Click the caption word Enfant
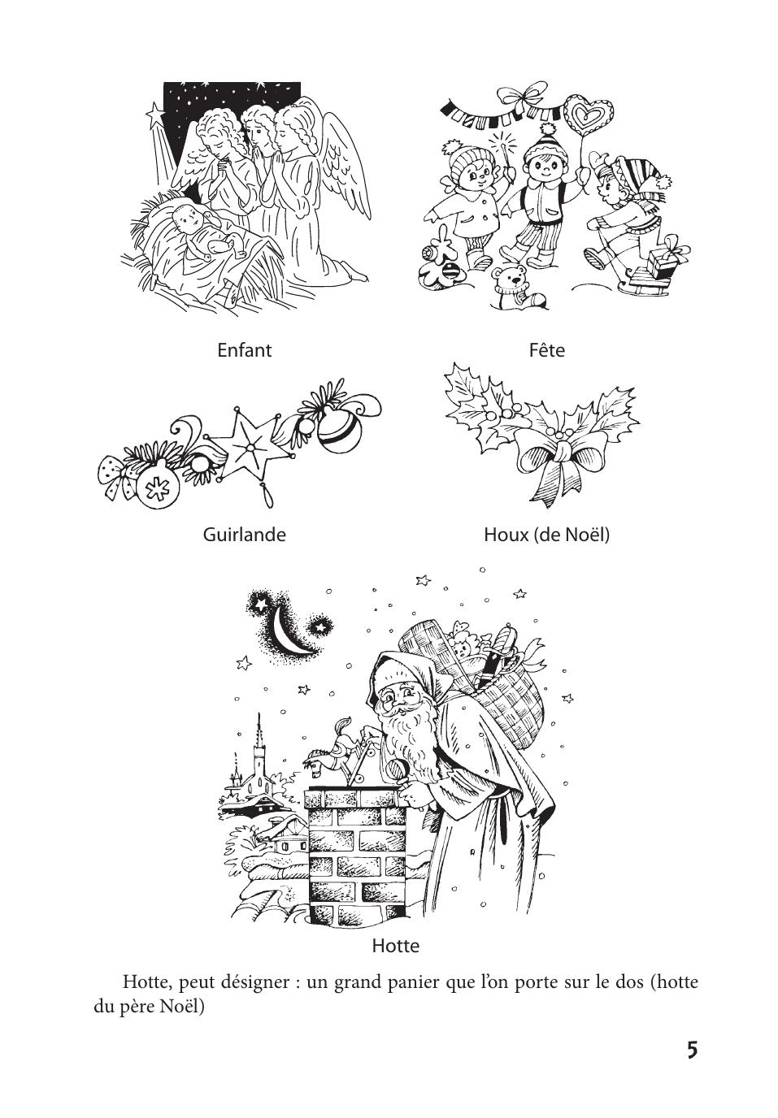point(244,350)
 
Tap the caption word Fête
point(547,350)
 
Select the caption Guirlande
point(244,535)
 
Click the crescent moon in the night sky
point(289,632)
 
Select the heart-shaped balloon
point(589,116)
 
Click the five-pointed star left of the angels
point(155,113)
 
